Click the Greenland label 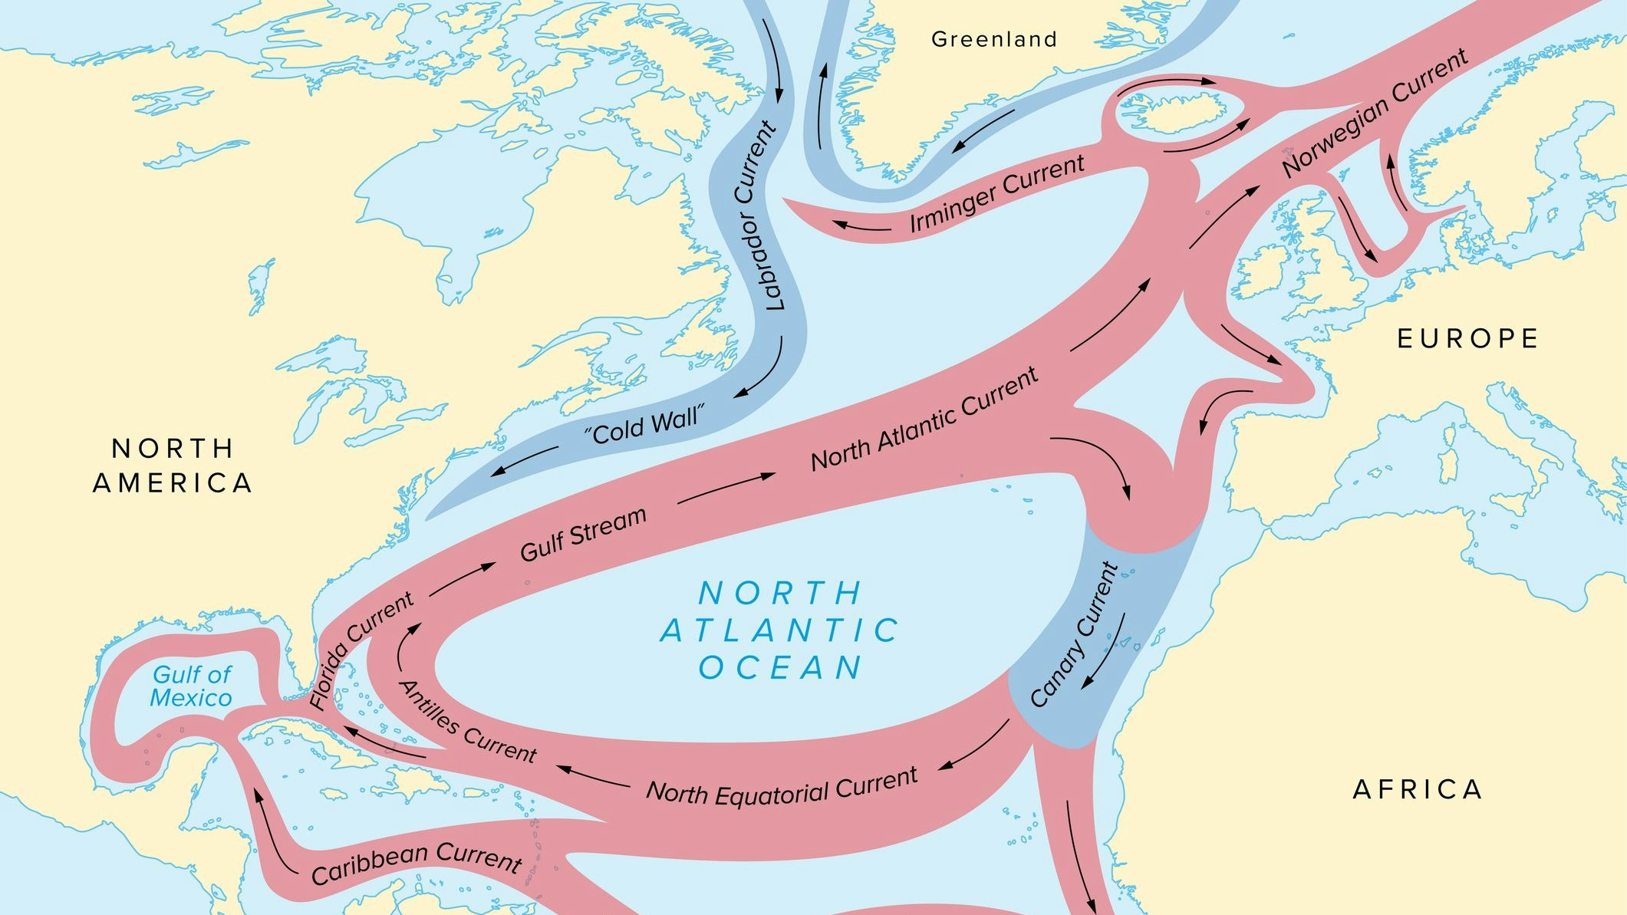[x=994, y=39]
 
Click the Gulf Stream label [x=583, y=534]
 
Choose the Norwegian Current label [x=1375, y=113]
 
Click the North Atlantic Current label [x=924, y=420]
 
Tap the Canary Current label [x=1074, y=635]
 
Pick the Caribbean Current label [x=417, y=862]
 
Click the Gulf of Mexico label [x=191, y=686]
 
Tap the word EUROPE [x=1467, y=339]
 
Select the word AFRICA [x=1417, y=789]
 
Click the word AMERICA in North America [x=173, y=483]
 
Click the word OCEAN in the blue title [x=780, y=667]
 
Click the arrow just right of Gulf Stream [x=726, y=489]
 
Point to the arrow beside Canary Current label [x=1105, y=652]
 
